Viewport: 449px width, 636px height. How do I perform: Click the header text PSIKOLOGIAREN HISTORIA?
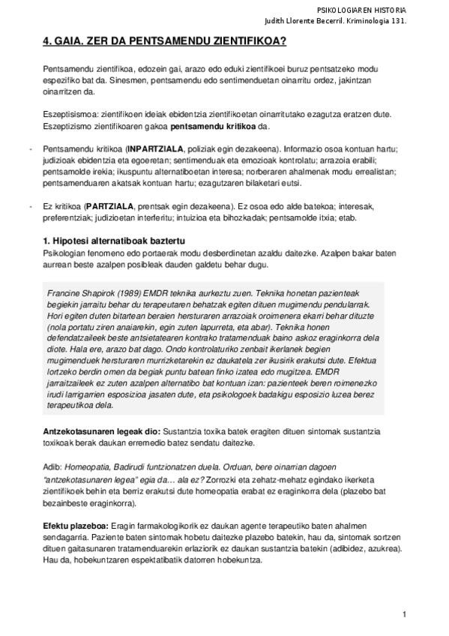point(361,10)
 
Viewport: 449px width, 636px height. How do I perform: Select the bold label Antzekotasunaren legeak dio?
point(101,433)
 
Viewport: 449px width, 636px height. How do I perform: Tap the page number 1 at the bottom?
point(404,614)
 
